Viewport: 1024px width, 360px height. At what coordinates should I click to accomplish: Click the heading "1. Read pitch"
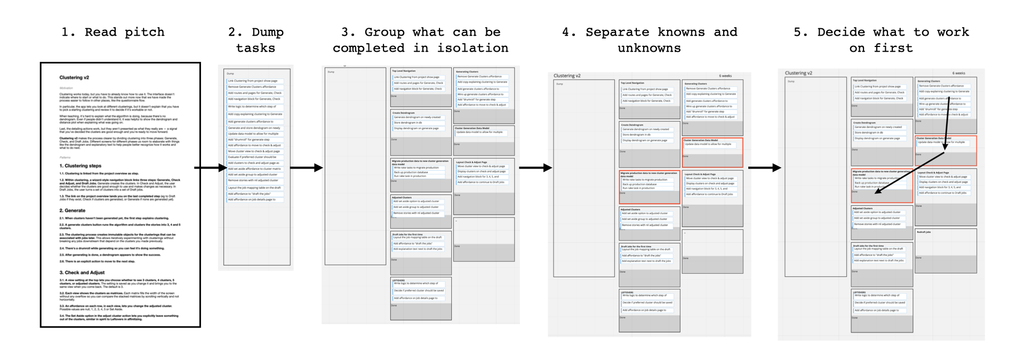point(113,32)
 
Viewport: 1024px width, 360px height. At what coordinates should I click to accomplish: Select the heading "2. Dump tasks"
point(255,40)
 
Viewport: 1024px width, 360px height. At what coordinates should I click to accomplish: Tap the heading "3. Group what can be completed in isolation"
point(420,40)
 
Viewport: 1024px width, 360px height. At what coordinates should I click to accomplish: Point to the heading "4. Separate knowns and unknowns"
point(649,40)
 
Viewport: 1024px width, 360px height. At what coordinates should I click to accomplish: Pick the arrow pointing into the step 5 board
point(764,168)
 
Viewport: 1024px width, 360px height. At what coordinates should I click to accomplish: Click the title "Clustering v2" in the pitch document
point(74,78)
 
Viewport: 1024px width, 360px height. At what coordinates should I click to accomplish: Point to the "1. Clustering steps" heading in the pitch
point(80,166)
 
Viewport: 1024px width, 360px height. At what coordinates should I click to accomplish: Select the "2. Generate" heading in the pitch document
point(72,211)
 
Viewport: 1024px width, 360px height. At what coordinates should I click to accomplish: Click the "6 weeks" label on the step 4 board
point(726,76)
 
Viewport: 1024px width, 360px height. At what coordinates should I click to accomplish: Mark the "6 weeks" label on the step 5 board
point(958,73)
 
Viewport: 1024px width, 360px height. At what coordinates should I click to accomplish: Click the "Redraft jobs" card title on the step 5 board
point(924,232)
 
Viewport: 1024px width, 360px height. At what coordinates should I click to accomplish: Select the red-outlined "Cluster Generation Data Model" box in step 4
point(712,153)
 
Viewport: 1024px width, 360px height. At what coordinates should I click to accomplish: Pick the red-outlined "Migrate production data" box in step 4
point(649,187)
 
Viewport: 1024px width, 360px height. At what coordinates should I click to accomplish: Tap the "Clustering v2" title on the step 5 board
point(798,73)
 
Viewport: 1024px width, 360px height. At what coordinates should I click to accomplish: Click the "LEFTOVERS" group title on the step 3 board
point(398,280)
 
